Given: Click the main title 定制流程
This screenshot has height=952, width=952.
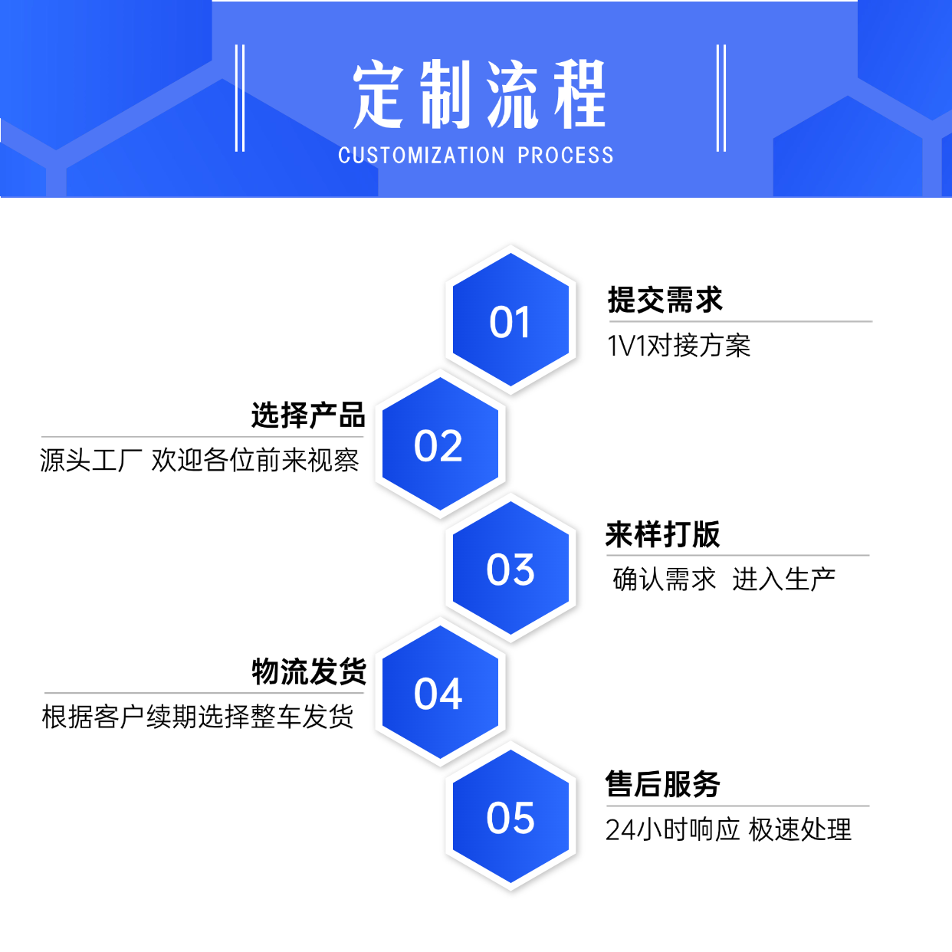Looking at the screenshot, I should click(479, 95).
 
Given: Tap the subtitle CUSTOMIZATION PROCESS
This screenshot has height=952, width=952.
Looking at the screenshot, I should click(475, 156).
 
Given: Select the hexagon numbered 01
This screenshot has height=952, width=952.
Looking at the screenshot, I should click(510, 321).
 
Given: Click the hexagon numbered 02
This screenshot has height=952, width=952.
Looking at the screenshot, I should click(439, 445).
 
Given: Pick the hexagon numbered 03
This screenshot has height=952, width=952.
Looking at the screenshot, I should click(510, 570).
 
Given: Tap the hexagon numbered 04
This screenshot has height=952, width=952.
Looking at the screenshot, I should click(439, 693).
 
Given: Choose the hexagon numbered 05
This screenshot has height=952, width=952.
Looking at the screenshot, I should click(510, 817).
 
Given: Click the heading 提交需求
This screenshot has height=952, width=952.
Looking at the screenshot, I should click(665, 300).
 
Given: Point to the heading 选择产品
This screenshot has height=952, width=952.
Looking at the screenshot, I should click(308, 415).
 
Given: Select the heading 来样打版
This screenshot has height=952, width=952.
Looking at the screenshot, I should click(663, 534).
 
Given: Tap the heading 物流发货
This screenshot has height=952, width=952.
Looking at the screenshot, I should click(309, 671).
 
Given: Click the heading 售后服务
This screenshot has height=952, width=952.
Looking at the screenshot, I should click(663, 784).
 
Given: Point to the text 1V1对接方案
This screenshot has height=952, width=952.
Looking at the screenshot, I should click(678, 346).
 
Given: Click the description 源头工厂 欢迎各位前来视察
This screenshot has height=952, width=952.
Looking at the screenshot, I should click(199, 460).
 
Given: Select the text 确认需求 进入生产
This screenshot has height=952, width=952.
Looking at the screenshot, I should click(724, 579).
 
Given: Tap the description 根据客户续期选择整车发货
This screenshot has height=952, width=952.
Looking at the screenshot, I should click(198, 717).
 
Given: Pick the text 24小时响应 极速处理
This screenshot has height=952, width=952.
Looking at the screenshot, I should click(728, 829).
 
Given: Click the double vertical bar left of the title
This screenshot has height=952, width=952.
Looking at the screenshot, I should click(240, 98).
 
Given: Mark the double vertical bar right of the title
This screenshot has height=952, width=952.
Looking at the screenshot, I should click(721, 98).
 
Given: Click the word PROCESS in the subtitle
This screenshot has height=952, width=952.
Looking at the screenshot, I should click(566, 156).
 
